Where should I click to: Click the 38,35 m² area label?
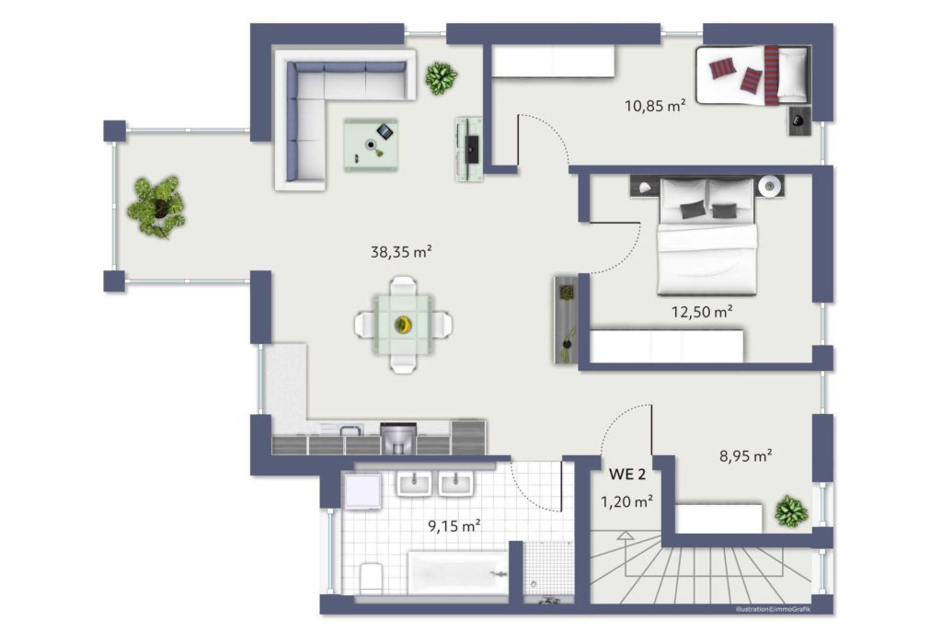(x=401, y=252)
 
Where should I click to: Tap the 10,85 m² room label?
(x=655, y=106)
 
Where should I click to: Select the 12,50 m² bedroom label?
(x=702, y=312)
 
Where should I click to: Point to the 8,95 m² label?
(x=745, y=456)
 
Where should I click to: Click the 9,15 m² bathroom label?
(x=454, y=526)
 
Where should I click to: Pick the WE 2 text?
(x=627, y=474)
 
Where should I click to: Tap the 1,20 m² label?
(x=627, y=501)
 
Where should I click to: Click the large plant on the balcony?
(x=156, y=206)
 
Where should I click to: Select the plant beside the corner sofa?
(x=441, y=78)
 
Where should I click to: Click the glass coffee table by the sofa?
(x=371, y=144)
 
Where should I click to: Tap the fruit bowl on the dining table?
(x=403, y=325)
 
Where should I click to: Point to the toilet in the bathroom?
(x=372, y=577)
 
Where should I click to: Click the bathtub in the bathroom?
(x=458, y=573)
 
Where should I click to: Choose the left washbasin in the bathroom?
(x=414, y=484)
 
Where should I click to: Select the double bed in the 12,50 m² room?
(x=706, y=236)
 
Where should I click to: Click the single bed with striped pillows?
(x=752, y=75)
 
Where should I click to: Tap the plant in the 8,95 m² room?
(x=790, y=511)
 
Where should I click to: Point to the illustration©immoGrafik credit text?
(x=773, y=609)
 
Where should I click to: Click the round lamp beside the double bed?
(x=769, y=187)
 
